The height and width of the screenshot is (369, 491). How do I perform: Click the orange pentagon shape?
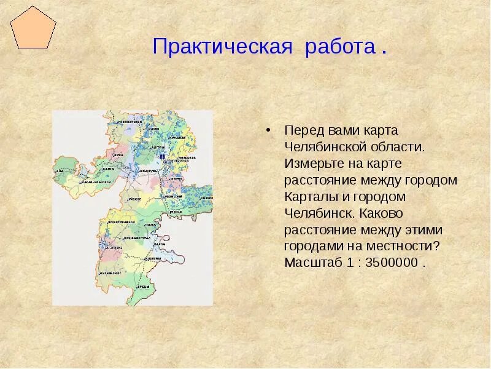33,28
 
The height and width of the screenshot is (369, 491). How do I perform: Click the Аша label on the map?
60,170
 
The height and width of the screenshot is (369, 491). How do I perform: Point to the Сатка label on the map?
108,168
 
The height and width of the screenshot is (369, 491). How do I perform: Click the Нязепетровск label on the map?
130,122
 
